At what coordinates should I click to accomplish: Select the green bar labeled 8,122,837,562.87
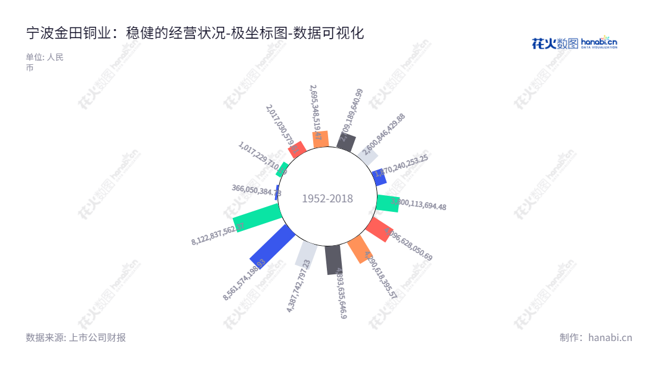(x=257, y=217)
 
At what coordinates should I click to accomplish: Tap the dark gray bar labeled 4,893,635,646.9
(x=333, y=259)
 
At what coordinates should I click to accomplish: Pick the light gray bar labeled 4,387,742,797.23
(x=307, y=254)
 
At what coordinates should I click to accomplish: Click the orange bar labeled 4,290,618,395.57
(x=358, y=249)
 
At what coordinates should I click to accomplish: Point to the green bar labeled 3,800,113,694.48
(x=388, y=203)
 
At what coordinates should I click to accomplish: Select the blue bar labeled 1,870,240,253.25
(x=379, y=177)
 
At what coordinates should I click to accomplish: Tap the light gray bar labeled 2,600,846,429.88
(x=367, y=157)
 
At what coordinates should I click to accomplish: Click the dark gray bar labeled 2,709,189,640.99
(x=347, y=143)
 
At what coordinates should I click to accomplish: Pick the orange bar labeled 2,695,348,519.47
(x=321, y=139)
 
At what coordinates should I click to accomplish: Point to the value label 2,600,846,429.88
(x=384, y=135)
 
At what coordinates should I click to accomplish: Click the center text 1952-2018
(x=327, y=199)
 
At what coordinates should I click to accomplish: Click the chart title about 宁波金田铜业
(x=195, y=33)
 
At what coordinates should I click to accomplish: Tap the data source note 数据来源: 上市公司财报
(x=76, y=337)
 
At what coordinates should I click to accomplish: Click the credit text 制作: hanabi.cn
(x=595, y=337)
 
